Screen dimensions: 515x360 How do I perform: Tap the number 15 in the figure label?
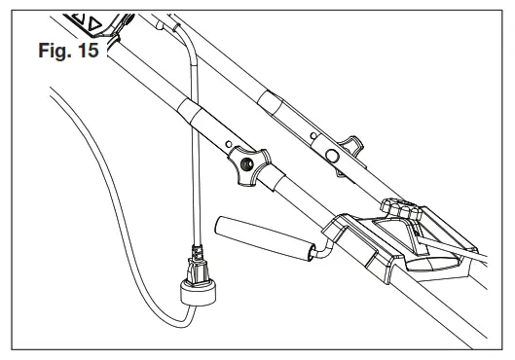coord(86,51)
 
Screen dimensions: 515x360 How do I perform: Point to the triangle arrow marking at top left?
coord(95,21)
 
